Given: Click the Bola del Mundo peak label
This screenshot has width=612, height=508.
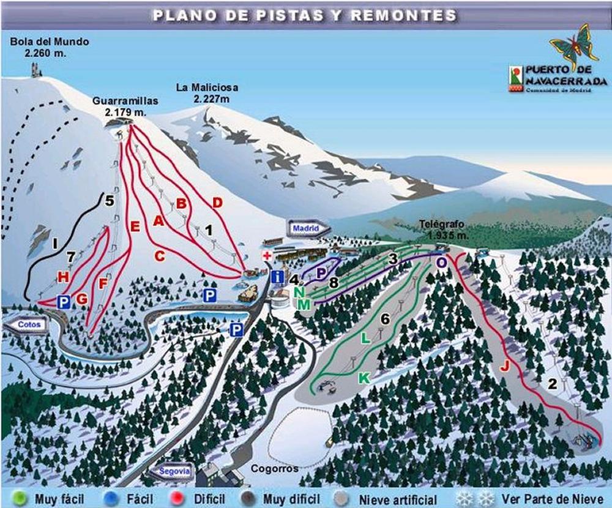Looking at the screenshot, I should tap(50, 48).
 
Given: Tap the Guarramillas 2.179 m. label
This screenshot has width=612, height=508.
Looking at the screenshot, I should tap(126, 106).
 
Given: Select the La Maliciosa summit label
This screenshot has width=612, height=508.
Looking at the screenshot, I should tap(207, 93).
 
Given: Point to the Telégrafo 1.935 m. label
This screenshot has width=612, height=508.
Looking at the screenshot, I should tap(441, 229).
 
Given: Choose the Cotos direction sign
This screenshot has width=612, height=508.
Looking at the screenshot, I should tap(26, 324).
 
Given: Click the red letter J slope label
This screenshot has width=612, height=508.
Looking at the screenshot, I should tap(504, 366).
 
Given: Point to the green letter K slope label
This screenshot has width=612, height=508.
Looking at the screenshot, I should tap(364, 378).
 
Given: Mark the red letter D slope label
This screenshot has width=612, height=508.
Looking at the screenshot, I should tap(216, 202).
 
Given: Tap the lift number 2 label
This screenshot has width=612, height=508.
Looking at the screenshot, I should tap(553, 384).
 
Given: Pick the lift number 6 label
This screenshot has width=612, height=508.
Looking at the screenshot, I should tap(384, 318).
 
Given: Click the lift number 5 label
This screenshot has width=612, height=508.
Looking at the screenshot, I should tap(109, 200).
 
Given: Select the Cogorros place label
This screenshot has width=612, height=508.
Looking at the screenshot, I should tap(274, 469).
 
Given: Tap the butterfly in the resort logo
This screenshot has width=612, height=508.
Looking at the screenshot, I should tap(573, 46).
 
